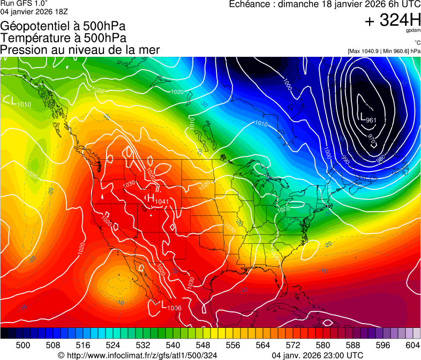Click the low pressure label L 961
click(367, 119)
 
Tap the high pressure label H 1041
click(158, 200)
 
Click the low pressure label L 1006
click(171, 306)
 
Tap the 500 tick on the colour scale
click(23, 345)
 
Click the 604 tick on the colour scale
click(412, 345)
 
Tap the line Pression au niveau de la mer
click(80, 50)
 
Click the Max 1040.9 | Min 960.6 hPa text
click(384, 51)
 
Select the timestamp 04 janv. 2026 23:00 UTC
click(318, 355)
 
